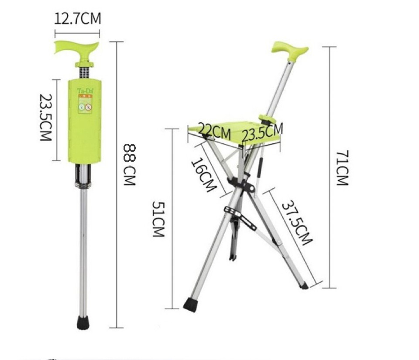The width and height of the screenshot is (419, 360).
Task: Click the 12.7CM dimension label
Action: tap(77, 19)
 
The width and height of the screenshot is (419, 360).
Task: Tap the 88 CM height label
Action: tap(130, 164)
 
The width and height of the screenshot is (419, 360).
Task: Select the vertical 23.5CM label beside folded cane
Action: tap(46, 117)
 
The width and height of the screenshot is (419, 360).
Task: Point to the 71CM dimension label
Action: tap(342, 168)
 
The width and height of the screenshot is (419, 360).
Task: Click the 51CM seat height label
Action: tap(158, 218)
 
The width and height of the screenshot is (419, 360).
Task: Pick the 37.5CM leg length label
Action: tap(297, 222)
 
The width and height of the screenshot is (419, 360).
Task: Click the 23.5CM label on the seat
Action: tap(262, 131)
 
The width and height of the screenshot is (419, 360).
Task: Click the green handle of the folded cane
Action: tap(77, 47)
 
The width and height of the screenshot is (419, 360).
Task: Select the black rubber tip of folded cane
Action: tap(82, 322)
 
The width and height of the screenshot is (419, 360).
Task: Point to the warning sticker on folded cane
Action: tap(85, 105)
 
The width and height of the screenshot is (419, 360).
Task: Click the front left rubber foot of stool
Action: tap(190, 305)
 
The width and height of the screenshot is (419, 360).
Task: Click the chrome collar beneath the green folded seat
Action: tap(84, 176)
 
